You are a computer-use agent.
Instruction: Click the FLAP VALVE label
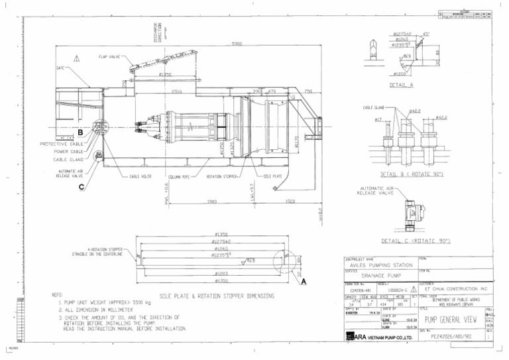(x=109, y=57)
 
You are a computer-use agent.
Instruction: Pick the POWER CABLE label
(x=68, y=151)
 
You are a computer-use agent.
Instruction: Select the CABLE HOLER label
(x=141, y=177)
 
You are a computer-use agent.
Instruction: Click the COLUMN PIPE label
(x=180, y=177)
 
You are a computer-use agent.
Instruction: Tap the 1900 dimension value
(x=212, y=202)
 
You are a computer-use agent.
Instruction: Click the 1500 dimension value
(x=290, y=202)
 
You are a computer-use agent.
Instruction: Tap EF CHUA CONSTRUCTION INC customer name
(x=456, y=289)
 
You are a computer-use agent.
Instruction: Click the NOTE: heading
(x=57, y=294)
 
